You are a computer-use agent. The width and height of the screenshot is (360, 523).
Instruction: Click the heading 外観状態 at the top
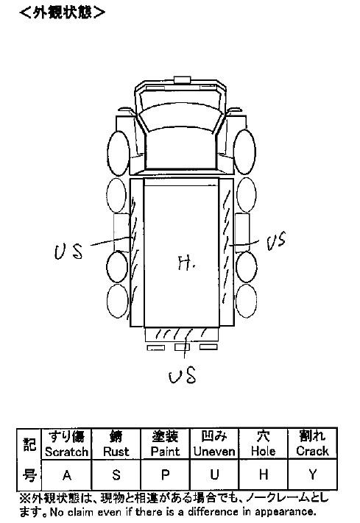[x=62, y=13]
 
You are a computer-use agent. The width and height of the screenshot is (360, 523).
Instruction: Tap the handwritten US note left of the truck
[x=68, y=252]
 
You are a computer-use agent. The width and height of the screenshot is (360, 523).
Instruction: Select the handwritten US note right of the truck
[x=276, y=241]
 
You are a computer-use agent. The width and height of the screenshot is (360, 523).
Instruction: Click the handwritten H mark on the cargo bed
[x=186, y=263]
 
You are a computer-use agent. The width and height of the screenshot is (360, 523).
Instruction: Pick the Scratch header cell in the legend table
[x=66, y=444]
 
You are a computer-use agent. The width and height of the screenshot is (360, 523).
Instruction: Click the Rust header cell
[x=116, y=444]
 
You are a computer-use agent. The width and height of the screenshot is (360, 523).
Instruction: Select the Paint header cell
[x=166, y=444]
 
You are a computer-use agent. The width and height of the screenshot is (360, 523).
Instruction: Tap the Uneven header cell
[x=214, y=444]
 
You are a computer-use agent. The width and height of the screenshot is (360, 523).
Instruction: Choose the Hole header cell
[x=264, y=444]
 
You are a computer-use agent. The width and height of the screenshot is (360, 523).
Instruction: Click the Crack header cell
[x=312, y=444]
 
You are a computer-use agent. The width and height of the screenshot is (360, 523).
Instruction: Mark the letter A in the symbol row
[x=67, y=474]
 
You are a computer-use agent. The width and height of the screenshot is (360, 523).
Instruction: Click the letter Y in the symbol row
[x=312, y=474]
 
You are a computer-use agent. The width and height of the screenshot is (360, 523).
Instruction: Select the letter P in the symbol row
[x=166, y=474]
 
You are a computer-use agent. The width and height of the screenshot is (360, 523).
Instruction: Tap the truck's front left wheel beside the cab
[x=119, y=153]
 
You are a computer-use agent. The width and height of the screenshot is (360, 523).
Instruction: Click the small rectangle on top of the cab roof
[x=182, y=79]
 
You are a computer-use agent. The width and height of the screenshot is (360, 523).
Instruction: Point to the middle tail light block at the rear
[x=182, y=347]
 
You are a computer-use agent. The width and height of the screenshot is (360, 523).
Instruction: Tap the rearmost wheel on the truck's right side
[x=246, y=301]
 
